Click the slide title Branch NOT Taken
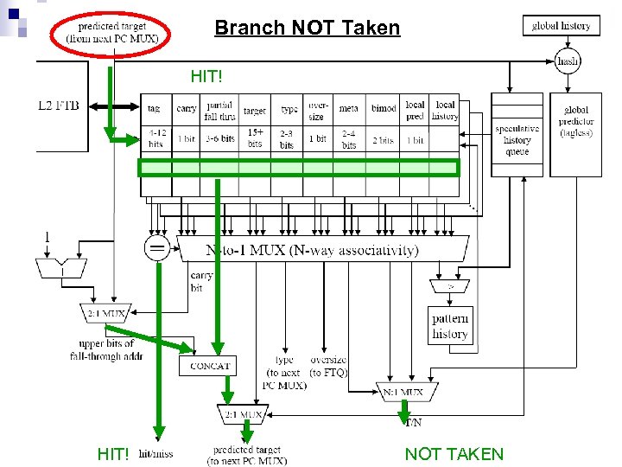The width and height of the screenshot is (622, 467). click(x=307, y=28)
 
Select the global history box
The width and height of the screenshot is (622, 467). click(x=562, y=26)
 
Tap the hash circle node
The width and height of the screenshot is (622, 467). click(x=568, y=61)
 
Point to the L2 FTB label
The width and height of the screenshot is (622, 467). click(x=59, y=106)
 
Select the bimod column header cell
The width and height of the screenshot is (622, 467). click(x=384, y=110)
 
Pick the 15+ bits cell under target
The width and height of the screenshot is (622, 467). click(x=256, y=138)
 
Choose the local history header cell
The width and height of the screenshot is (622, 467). click(x=445, y=110)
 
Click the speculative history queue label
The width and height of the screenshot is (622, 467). click(x=517, y=140)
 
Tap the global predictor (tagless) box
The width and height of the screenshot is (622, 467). click(x=575, y=121)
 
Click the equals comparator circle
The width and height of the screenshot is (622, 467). click(x=157, y=250)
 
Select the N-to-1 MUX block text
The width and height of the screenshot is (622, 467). click(x=312, y=251)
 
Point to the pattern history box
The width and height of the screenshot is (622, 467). click(x=450, y=327)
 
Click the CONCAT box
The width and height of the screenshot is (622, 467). click(x=209, y=366)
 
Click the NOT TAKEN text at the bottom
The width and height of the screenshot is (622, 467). click(x=454, y=454)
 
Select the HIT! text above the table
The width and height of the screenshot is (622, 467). click(x=206, y=77)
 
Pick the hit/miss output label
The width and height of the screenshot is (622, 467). click(x=156, y=454)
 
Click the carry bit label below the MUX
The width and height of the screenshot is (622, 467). click(x=201, y=282)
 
